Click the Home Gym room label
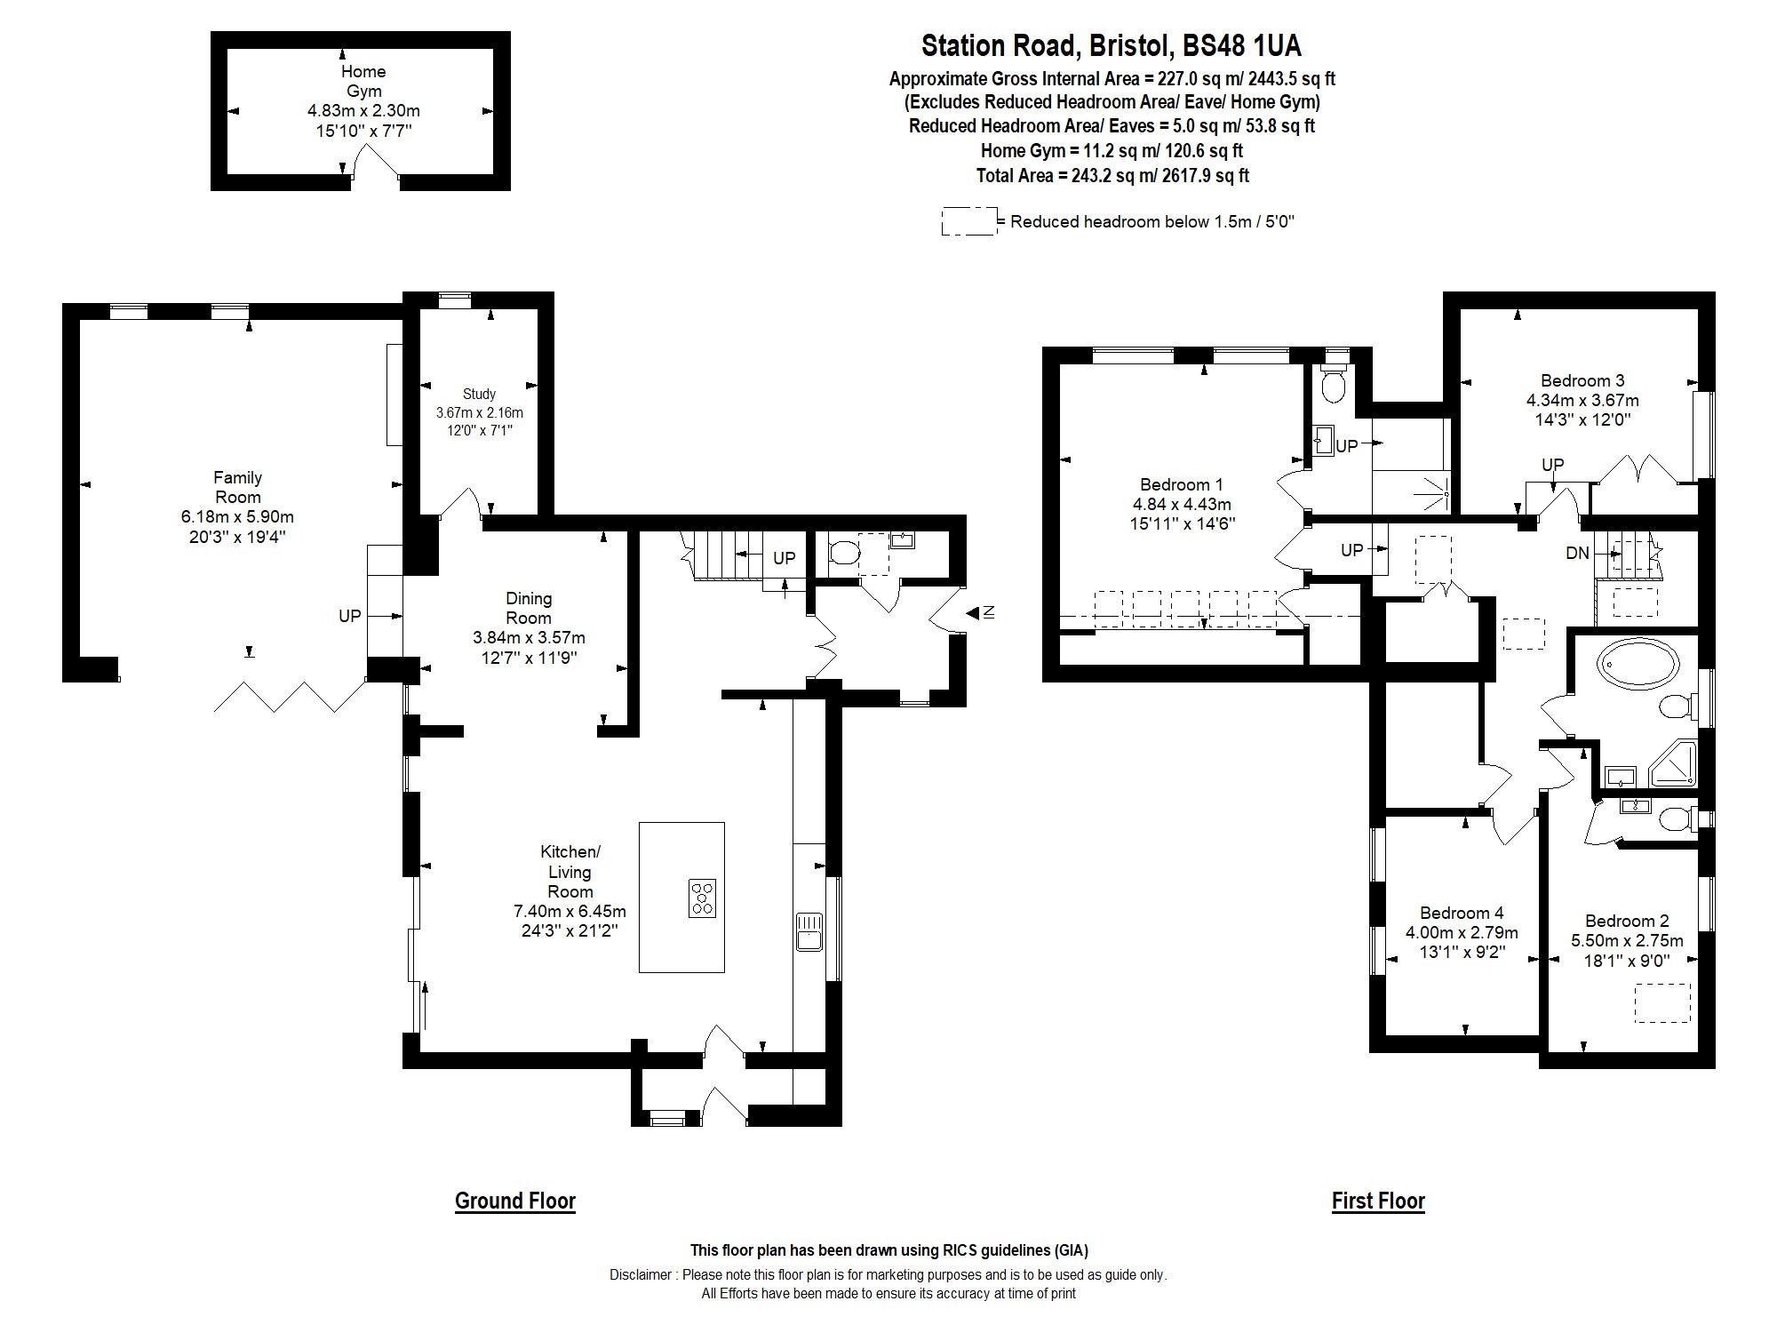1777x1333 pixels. click(x=363, y=81)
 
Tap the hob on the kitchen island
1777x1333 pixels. click(x=702, y=898)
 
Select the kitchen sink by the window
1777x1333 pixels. click(x=809, y=931)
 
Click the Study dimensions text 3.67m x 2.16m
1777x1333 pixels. click(x=479, y=412)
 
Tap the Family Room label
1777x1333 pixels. click(x=237, y=487)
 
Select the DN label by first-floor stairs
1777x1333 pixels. click(x=1577, y=553)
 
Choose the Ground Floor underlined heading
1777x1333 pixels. click(x=515, y=1201)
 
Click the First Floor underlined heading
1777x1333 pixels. click(x=1378, y=1201)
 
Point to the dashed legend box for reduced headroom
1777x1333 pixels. click(x=968, y=221)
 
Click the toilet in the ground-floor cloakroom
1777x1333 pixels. click(x=845, y=555)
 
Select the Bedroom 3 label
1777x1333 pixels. click(x=1582, y=380)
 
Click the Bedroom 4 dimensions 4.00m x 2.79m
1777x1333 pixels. click(x=1462, y=932)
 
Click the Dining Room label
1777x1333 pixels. click(x=529, y=608)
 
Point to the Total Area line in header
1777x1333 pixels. click(x=1112, y=175)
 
